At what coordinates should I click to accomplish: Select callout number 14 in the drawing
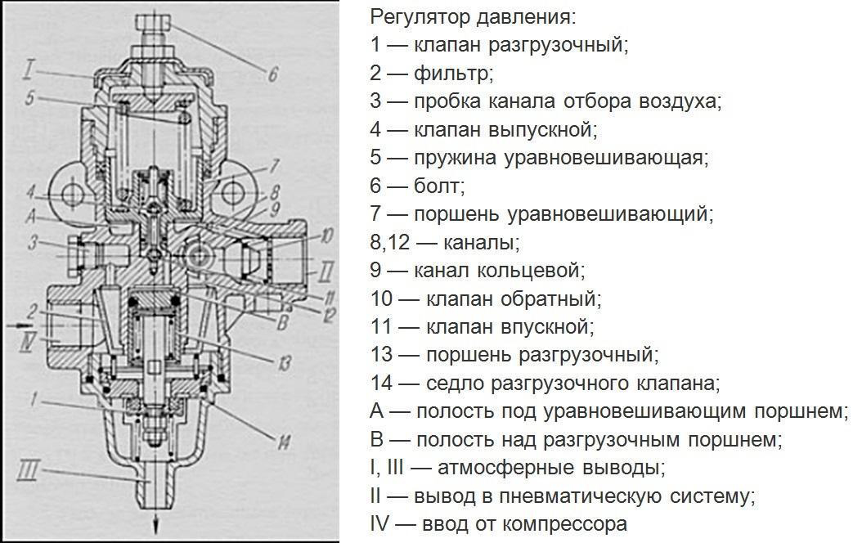(x=283, y=442)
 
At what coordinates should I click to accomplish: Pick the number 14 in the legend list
(x=380, y=383)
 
